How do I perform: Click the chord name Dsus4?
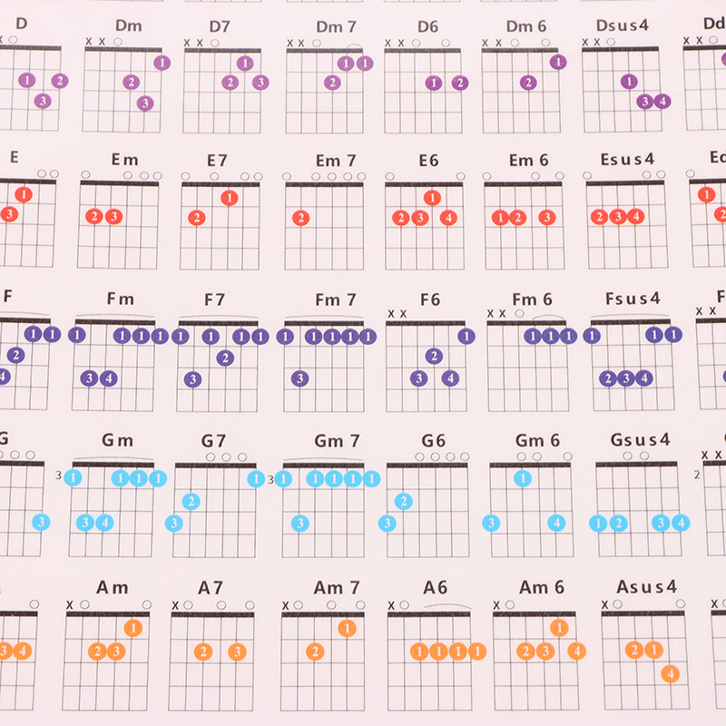[623, 26]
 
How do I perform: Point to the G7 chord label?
[213, 441]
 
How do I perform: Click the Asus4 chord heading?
[646, 587]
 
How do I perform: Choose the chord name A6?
[435, 587]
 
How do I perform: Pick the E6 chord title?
[428, 161]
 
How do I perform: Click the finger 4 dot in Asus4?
[670, 673]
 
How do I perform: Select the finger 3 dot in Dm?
[145, 103]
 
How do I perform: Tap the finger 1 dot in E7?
[230, 198]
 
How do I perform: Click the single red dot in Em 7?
[301, 218]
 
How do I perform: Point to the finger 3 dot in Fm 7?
[300, 378]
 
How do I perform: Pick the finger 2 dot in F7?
[225, 358]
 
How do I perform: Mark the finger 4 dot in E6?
[448, 218]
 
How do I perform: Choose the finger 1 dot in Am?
[133, 628]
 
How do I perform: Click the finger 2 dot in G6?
[404, 501]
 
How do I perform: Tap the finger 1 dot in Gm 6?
[523, 478]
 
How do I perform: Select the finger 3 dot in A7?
[237, 651]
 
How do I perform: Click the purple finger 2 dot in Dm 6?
[528, 83]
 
